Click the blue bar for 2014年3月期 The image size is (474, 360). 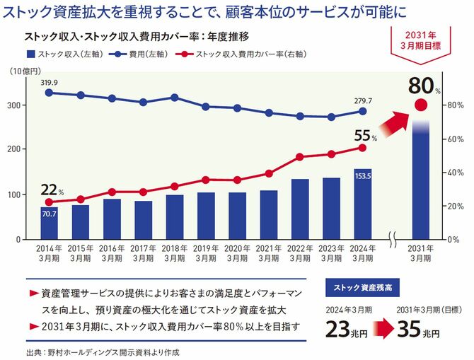pyautogui.click(x=50, y=222)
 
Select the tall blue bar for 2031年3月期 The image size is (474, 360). pyautogui.click(x=421, y=184)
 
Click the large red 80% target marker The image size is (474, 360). pyautogui.click(x=422, y=106)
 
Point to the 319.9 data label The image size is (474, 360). pyautogui.click(x=50, y=82)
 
